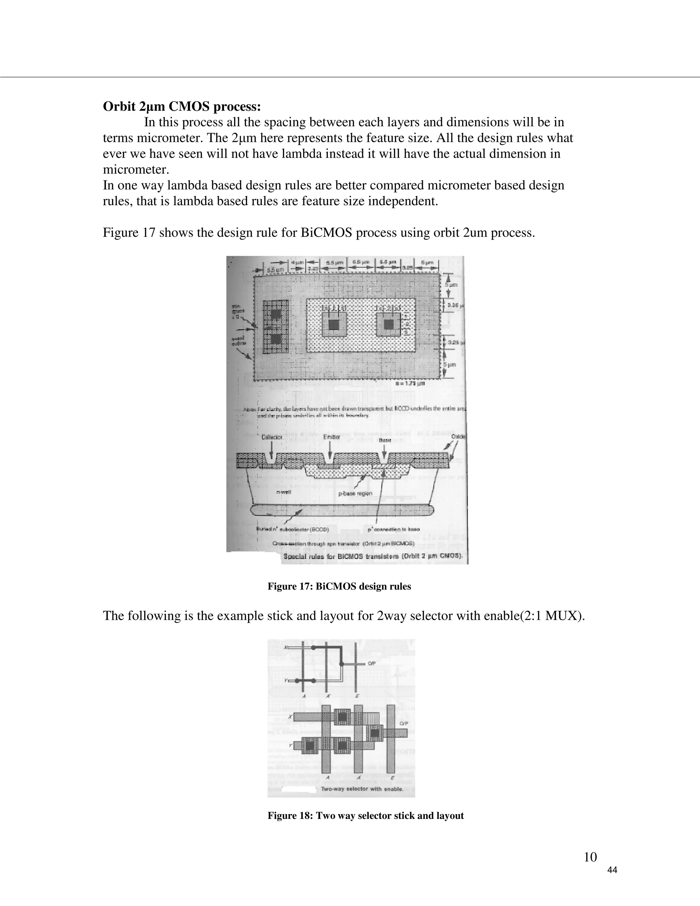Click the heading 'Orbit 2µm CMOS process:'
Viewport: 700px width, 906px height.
[x=181, y=107]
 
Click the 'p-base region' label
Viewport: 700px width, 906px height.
[x=355, y=493]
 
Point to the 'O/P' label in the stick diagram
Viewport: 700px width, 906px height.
[x=372, y=663]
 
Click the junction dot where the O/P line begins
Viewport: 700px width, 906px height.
[x=342, y=664]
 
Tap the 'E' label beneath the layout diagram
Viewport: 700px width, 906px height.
[x=392, y=777]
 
